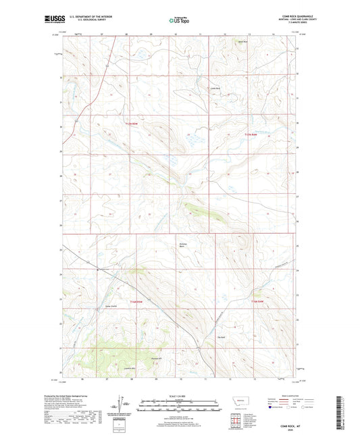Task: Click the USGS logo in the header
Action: point(71,20)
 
